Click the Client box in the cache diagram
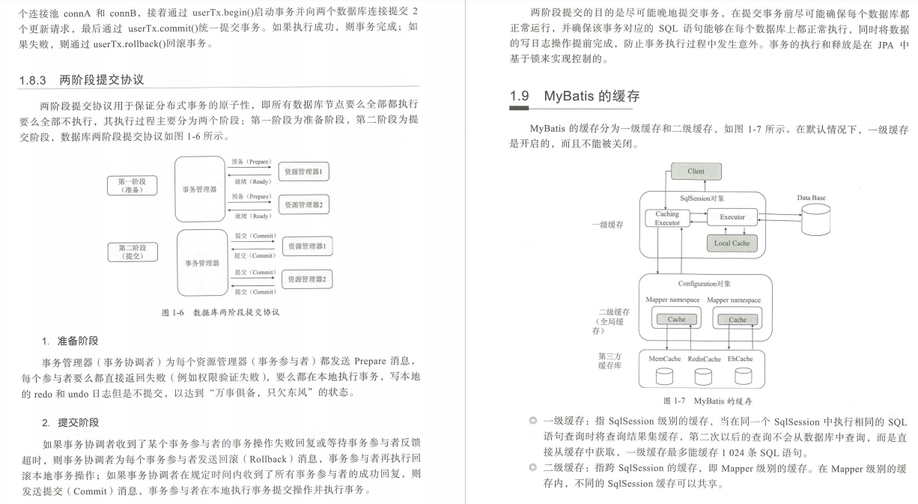pyautogui.click(x=696, y=171)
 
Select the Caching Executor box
pyautogui.click(x=667, y=219)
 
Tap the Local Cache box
pyautogui.click(x=731, y=243)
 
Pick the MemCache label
pyautogui.click(x=664, y=359)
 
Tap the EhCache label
pyautogui.click(x=740, y=359)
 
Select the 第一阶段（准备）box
pyautogui.click(x=133, y=186)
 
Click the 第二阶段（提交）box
pyautogui.click(x=133, y=252)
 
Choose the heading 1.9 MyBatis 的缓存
pyautogui.click(x=574, y=97)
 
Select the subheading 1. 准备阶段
pyautogui.click(x=70, y=341)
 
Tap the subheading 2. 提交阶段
pyautogui.click(x=70, y=422)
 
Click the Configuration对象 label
pyautogui.click(x=704, y=284)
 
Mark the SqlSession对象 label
pyautogui.click(x=702, y=198)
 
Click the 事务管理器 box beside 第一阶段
pyautogui.click(x=200, y=189)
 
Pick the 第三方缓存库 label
pyautogui.click(x=609, y=360)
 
